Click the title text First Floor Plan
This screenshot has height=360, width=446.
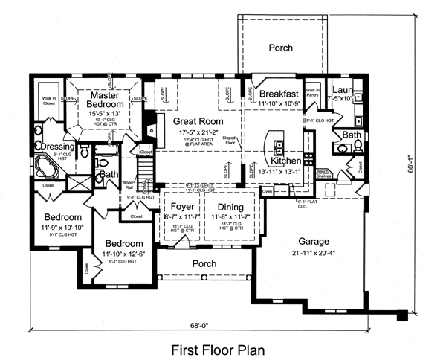217,348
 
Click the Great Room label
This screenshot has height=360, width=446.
198,120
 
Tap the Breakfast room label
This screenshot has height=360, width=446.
279,94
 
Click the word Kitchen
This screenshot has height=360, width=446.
286,161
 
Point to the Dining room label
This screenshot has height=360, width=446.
230,208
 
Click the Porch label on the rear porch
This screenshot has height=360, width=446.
280,48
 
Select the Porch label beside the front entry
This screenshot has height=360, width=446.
204,264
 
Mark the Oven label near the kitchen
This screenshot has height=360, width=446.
267,190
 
